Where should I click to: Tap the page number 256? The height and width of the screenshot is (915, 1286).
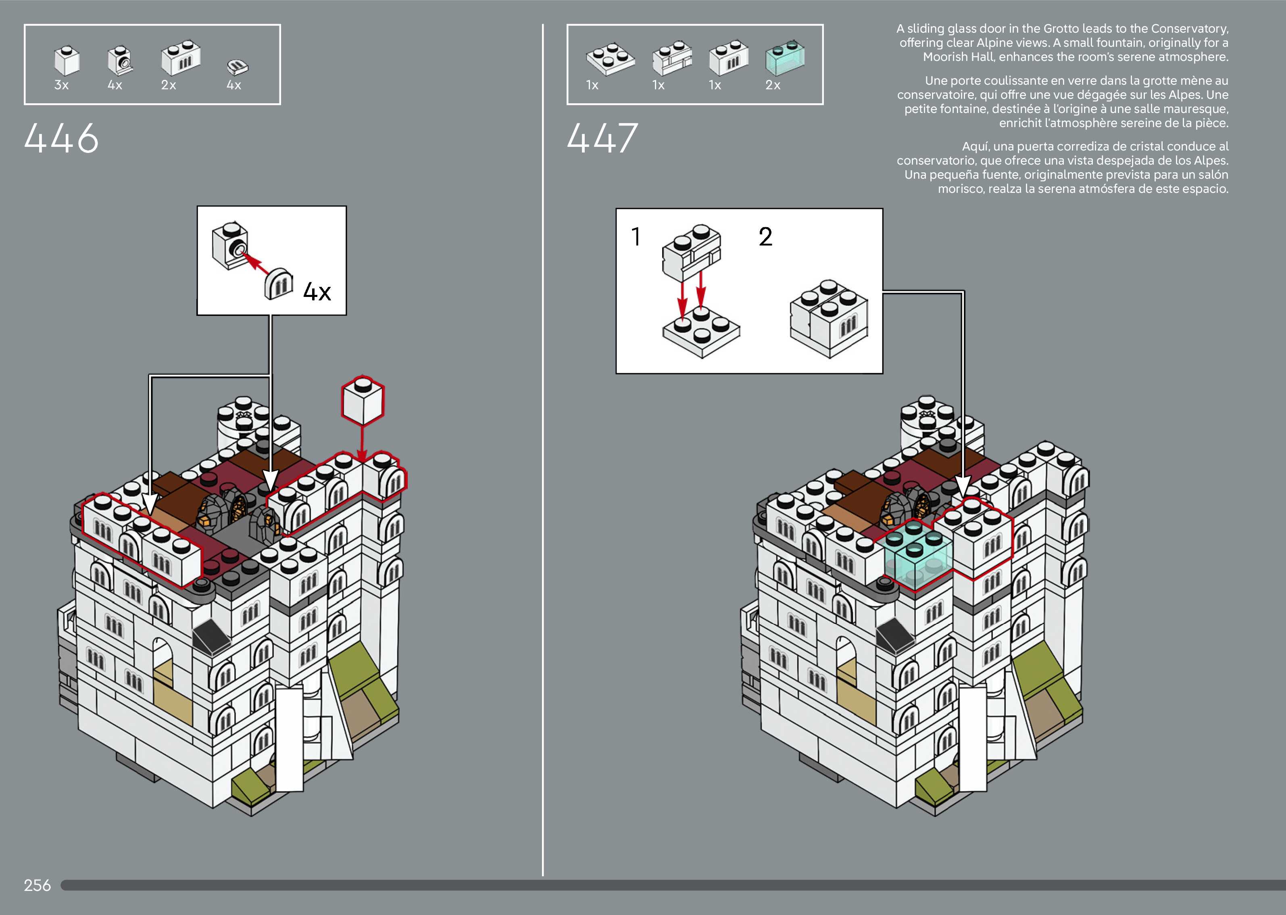37,885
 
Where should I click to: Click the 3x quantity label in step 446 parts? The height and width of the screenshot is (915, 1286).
61,85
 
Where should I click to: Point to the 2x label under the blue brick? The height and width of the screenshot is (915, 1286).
773,85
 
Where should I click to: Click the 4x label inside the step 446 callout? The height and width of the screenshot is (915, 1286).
317,292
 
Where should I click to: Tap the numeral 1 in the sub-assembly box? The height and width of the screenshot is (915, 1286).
636,237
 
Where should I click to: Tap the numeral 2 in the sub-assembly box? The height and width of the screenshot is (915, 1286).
765,237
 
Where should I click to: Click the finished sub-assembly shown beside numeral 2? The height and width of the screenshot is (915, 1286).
828,319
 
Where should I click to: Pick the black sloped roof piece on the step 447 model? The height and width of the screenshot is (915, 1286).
896,634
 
